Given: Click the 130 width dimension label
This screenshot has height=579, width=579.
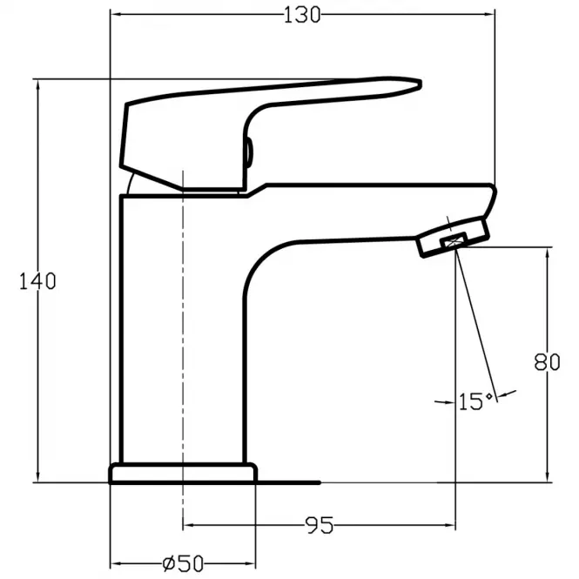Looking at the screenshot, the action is pos(301,16).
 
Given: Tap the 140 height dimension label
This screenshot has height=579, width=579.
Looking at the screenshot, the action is pos(37,281).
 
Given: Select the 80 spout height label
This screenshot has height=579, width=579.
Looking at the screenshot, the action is pos(547,362).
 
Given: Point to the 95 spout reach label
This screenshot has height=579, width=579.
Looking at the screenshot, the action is pos(320,525).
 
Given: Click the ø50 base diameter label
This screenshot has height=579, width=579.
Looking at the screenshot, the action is pos(183,563).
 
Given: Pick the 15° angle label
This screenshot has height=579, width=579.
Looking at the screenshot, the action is pos(475,401).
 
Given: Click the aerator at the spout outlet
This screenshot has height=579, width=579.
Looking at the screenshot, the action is pos(454,237).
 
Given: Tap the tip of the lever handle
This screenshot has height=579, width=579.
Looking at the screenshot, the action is pos(421,84).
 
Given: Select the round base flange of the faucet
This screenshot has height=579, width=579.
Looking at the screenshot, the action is pos(183,473).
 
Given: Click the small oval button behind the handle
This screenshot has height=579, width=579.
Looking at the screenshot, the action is pos(249,151).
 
